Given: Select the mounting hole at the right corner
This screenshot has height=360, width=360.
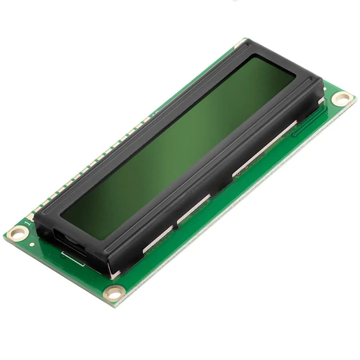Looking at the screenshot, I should pos(341,99).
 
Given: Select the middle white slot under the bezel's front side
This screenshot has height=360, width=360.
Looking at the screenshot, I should pos(194,206).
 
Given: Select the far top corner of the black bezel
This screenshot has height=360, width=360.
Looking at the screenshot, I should pos(246,42).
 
